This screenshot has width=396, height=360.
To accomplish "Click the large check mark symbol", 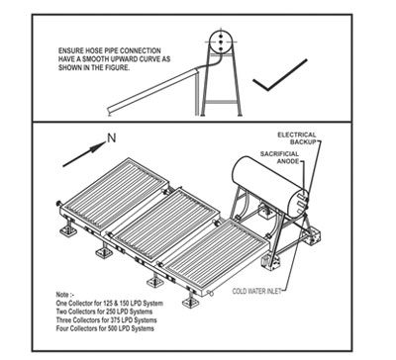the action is coord(268,88).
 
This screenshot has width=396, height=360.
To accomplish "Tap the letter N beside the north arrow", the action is coord(112,138).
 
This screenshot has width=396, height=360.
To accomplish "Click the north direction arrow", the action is coord(84,154).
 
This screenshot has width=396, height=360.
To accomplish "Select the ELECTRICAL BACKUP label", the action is coord(297,138).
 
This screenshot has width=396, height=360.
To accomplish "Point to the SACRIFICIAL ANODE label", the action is coord(279,157).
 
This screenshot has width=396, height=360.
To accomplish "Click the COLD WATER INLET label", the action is coord(256,291).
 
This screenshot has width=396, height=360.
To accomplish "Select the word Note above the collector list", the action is coord(61,295).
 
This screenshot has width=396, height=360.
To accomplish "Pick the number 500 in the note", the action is coord(113,328).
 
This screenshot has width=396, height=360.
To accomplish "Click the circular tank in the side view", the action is coord(221,42).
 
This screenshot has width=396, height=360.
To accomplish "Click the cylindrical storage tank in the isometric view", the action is coord(270,187).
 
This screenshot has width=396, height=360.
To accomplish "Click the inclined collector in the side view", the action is coord(152,91).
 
